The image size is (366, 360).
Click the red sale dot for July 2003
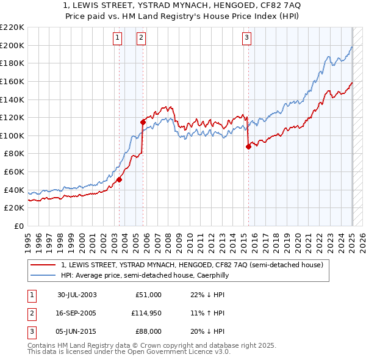[120, 179]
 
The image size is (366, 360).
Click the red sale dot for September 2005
[143, 122]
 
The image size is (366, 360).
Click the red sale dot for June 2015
[248, 146]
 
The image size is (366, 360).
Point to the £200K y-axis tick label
[12, 45]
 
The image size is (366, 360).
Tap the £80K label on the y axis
[15, 154]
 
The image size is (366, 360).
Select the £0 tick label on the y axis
[19, 226]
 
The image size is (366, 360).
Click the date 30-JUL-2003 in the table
[77, 295]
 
